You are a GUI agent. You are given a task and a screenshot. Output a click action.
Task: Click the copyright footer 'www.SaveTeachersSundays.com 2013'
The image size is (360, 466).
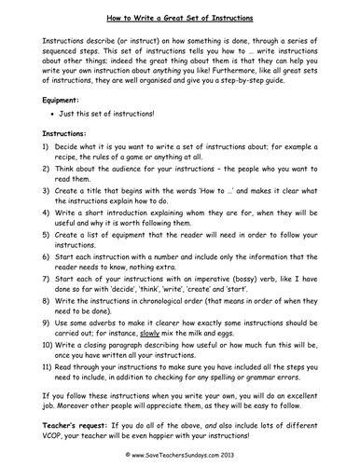pos(184,459)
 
